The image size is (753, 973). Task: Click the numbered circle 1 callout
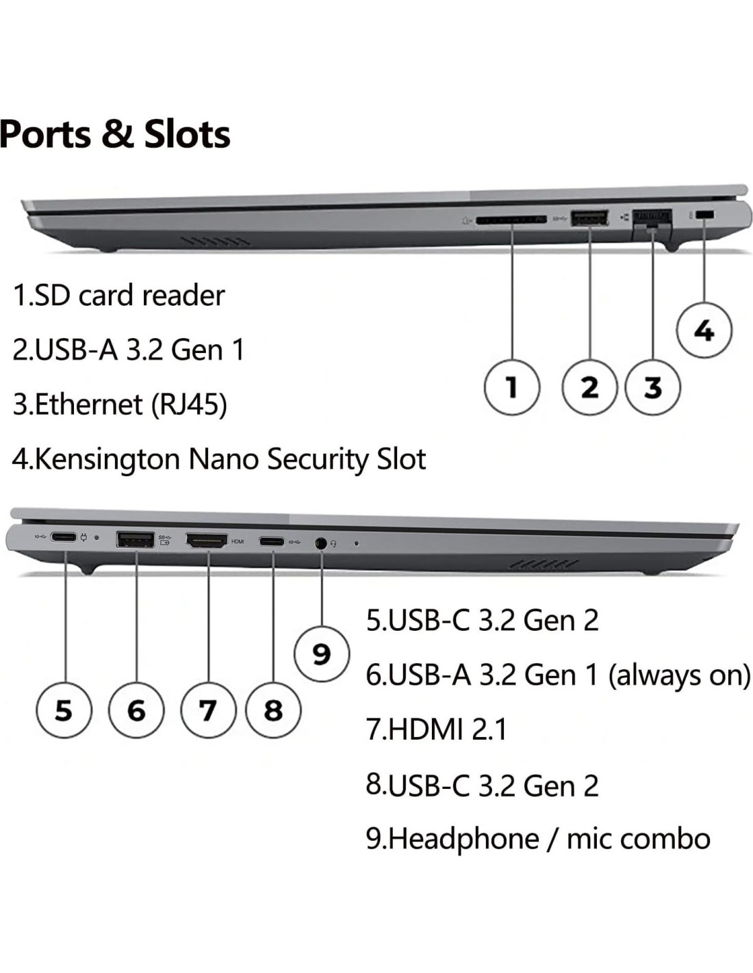pyautogui.click(x=511, y=387)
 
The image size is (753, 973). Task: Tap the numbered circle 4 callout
pyautogui.click(x=704, y=330)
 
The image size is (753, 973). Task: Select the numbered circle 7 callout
pyautogui.click(x=207, y=710)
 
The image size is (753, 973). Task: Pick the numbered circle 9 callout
pyautogui.click(x=321, y=654)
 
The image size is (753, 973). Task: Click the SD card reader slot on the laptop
pyautogui.click(x=511, y=220)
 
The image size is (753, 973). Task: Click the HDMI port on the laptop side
pyautogui.click(x=207, y=541)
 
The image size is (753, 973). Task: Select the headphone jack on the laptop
pyautogui.click(x=320, y=543)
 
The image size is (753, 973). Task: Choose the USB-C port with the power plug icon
pyautogui.click(x=64, y=538)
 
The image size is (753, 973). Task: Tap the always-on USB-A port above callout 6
pyautogui.click(x=136, y=540)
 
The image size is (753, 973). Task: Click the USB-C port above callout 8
pyautogui.click(x=272, y=542)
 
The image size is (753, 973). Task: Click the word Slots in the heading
pyautogui.click(x=187, y=133)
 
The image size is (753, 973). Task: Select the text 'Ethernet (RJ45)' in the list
pyautogui.click(x=130, y=404)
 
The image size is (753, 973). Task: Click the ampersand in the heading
pyautogui.click(x=118, y=133)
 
